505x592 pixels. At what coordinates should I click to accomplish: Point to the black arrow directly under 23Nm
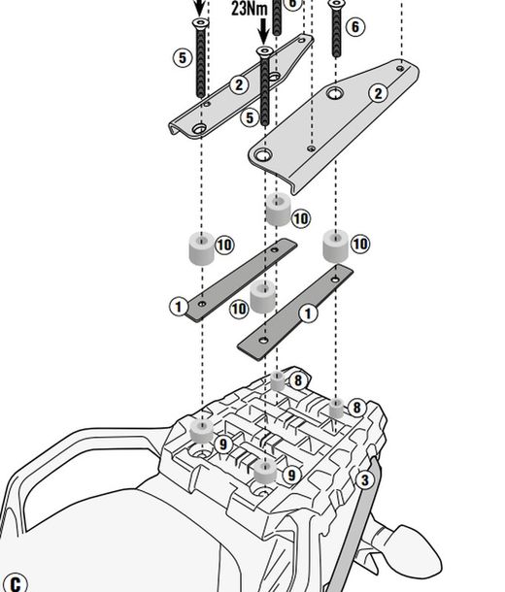263,32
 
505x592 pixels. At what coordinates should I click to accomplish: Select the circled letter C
15,583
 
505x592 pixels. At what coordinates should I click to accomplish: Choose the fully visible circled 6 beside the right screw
355,27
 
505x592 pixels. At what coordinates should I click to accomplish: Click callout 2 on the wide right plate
378,94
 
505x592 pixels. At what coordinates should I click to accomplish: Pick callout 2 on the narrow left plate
239,85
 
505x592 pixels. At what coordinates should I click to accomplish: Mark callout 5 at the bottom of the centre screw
250,117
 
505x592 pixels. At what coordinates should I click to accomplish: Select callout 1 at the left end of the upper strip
178,307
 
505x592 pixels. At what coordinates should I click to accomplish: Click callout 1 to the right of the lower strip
308,313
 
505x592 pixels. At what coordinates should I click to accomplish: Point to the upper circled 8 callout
298,381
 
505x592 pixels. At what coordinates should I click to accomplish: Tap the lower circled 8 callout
356,409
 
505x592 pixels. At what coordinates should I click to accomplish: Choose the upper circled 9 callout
222,444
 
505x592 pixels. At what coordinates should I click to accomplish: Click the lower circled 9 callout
289,476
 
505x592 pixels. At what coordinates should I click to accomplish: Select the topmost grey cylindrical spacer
278,211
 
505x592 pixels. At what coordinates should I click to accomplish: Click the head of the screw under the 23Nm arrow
263,50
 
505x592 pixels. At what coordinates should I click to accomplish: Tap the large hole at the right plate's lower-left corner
261,154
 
